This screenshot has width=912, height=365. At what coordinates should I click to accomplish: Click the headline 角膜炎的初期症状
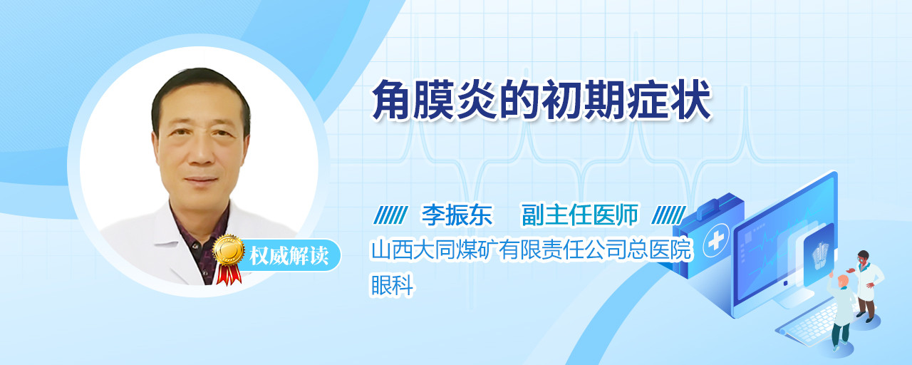(541, 101)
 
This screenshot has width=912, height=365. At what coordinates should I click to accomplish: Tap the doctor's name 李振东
(457, 215)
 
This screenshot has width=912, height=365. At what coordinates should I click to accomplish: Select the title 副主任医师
(580, 215)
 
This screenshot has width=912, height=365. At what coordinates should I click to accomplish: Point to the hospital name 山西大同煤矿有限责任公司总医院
(532, 250)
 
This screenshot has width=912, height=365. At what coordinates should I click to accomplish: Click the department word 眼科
(392, 284)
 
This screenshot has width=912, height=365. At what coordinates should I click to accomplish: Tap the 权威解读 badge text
(289, 256)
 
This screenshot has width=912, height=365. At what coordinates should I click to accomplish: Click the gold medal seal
(229, 250)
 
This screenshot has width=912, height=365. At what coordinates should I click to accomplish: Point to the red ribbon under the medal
(229, 274)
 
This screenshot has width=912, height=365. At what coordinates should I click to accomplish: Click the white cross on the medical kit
(715, 240)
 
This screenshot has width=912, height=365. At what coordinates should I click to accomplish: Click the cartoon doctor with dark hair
(868, 285)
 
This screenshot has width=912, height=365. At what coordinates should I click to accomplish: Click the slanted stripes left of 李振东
(390, 215)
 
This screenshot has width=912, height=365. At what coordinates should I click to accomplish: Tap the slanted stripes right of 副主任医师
(668, 215)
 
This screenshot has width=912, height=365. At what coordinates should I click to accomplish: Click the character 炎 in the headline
(477, 101)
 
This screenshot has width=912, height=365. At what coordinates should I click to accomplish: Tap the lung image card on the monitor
(819, 255)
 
